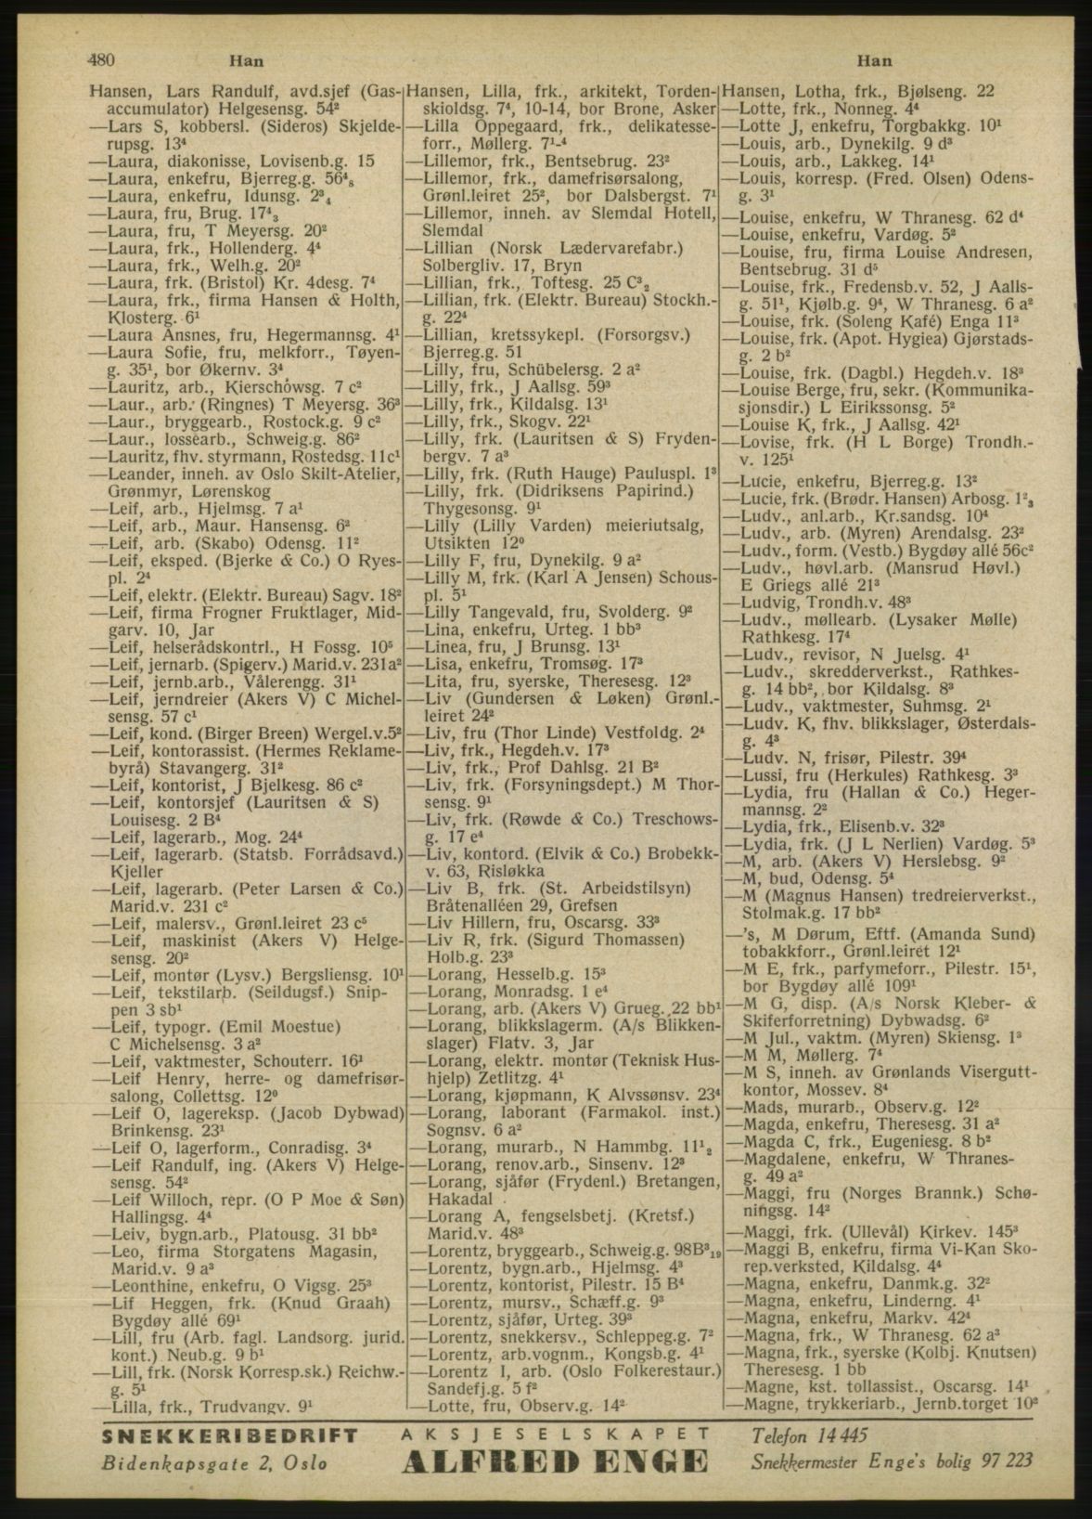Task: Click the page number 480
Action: point(100,61)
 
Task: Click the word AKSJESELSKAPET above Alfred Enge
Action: point(553,1433)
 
